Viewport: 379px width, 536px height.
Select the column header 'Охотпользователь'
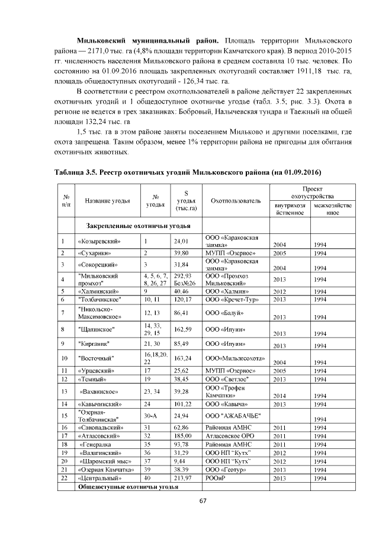pos(235,201)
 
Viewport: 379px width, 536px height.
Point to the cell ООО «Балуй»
pos(222,312)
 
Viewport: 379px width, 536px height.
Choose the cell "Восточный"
pos(96,357)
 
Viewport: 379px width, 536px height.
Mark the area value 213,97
pos(181,477)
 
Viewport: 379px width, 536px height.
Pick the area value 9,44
pos(179,460)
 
